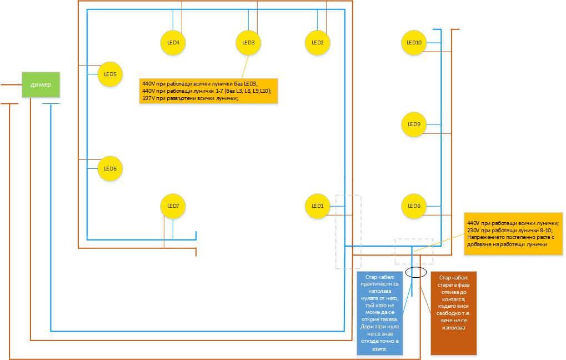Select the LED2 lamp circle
318,43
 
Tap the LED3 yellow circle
248,43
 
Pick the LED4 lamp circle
173,43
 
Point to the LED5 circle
110,74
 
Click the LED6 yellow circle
110,168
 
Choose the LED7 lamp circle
173,206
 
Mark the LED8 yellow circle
414,206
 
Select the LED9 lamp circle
414,124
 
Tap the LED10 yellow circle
414,43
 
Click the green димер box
41,84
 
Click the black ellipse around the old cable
416,272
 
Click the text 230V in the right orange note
474,230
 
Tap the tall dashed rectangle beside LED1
348,232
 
